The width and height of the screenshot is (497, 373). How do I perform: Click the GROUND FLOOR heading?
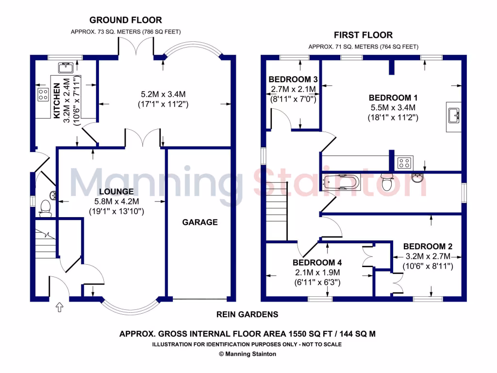[x=125, y=20]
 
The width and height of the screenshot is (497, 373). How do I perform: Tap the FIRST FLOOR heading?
[x=363, y=35]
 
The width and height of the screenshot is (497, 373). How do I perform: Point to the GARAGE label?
[x=199, y=222]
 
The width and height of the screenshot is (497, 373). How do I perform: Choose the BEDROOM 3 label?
[x=293, y=79]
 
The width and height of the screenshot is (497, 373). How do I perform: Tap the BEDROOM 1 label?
[x=393, y=97]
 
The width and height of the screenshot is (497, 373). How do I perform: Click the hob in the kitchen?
[x=43, y=94]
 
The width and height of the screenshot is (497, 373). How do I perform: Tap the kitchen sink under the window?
[x=65, y=68]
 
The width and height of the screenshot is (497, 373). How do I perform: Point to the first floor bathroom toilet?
[x=387, y=182]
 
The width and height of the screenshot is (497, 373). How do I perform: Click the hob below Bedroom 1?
[x=404, y=163]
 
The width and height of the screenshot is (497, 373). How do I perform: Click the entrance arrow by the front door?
[x=60, y=307]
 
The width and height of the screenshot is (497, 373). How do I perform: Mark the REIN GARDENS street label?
[x=247, y=314]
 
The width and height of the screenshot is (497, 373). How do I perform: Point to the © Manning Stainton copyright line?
[x=248, y=354]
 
